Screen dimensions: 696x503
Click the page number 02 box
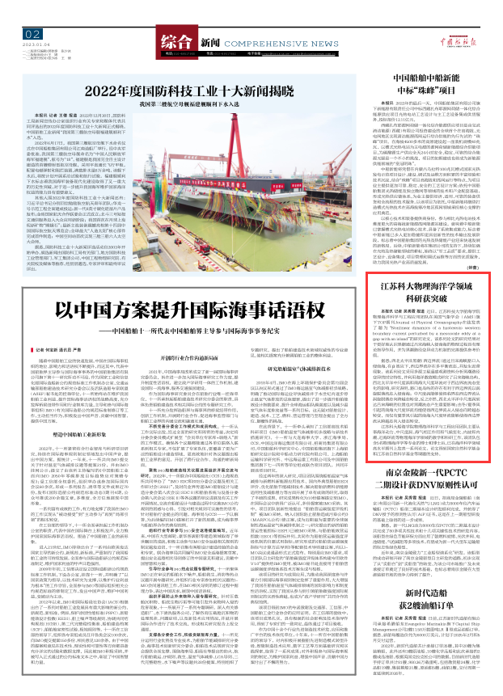coord(32,33)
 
